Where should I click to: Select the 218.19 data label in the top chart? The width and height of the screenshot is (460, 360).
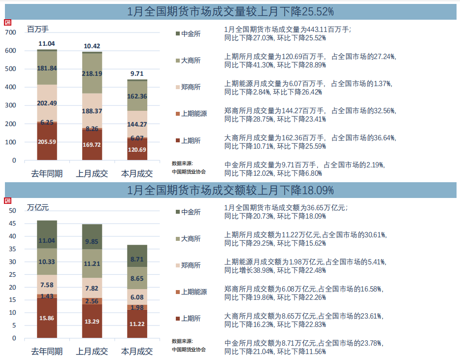(x=92, y=73)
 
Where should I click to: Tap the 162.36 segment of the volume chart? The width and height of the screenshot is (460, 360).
(x=137, y=97)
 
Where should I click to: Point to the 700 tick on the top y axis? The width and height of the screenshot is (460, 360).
(x=10, y=33)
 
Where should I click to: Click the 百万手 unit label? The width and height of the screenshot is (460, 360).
(x=37, y=29)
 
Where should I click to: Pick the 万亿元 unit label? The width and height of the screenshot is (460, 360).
(x=38, y=207)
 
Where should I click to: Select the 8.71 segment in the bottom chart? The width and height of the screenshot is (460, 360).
(x=137, y=259)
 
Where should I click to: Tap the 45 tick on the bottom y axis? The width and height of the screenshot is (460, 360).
(x=12, y=223)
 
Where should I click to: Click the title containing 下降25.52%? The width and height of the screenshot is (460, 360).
(x=230, y=11)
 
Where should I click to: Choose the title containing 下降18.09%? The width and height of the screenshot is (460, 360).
(x=230, y=190)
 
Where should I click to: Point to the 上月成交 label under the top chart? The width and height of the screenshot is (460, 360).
(x=92, y=173)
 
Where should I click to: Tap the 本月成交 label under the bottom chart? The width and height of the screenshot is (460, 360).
(x=137, y=352)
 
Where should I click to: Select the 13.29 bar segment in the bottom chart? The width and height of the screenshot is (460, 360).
(x=92, y=322)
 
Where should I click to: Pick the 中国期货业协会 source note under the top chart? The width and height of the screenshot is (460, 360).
(x=189, y=172)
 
